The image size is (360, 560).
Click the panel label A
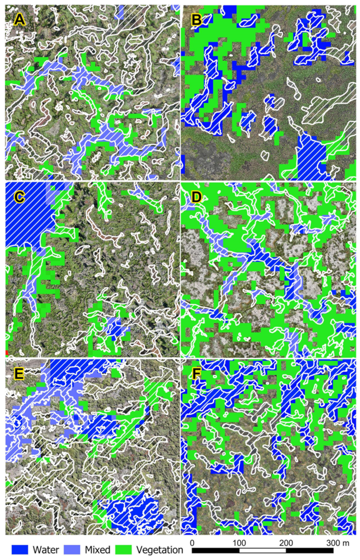(x=19, y=19)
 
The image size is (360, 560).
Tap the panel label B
(x=197, y=19)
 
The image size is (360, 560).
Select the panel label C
(x=19, y=197)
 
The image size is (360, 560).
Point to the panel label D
(x=197, y=197)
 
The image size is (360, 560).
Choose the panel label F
(x=197, y=374)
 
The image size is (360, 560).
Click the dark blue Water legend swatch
(x=20, y=549)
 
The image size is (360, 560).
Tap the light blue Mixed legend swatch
(x=72, y=549)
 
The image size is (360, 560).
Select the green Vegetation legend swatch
(x=123, y=549)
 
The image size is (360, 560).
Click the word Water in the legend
(x=46, y=549)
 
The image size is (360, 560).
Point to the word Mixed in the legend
(x=97, y=549)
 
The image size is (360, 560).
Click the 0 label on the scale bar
(x=192, y=543)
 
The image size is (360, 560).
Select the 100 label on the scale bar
(x=239, y=543)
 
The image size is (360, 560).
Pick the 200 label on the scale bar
(x=286, y=543)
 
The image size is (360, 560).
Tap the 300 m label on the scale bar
(x=337, y=543)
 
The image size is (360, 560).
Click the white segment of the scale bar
(x=262, y=551)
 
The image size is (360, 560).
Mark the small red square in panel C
(x=7, y=353)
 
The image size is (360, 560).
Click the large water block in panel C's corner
(x=27, y=211)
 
